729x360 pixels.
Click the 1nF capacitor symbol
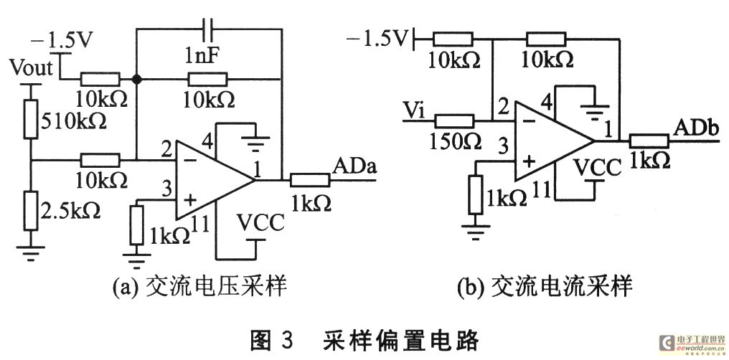click(208, 29)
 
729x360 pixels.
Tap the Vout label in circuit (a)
click(31, 68)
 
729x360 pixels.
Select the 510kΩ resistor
click(31, 119)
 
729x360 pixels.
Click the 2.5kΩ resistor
click(31, 210)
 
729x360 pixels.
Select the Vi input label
click(413, 109)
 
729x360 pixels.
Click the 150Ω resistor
click(454, 120)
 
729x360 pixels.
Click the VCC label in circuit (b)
click(597, 168)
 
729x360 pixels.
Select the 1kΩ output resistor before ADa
click(310, 179)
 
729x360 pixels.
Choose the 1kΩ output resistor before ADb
click(649, 139)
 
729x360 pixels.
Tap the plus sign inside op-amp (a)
click(189, 200)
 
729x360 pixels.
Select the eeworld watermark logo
click(692, 344)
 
